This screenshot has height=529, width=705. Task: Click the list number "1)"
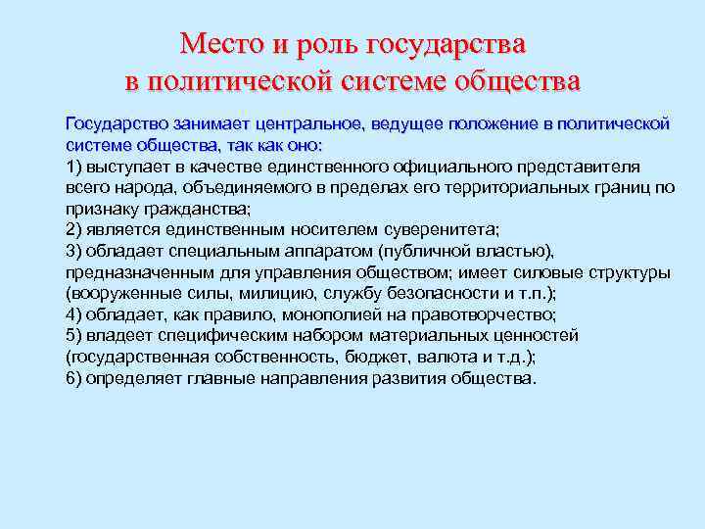click(x=75, y=166)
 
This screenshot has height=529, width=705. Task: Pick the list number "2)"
click(x=75, y=229)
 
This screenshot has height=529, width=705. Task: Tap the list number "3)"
click(x=75, y=251)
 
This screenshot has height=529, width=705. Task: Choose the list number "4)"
click(x=75, y=314)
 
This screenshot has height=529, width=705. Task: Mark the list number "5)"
click(x=75, y=335)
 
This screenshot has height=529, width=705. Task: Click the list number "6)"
click(x=75, y=378)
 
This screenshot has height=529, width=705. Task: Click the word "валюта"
click(x=437, y=357)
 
